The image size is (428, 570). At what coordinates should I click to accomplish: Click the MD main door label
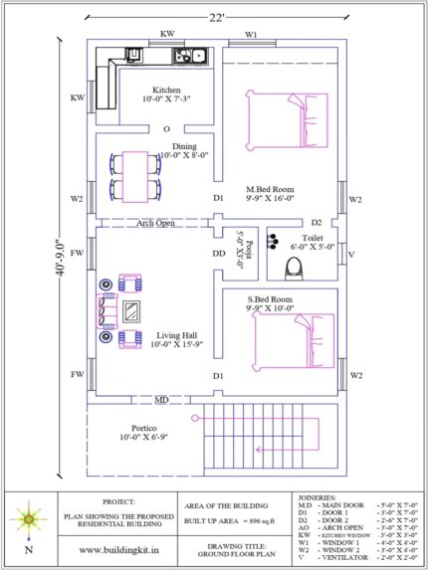(160, 401)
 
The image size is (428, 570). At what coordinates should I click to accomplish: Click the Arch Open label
(155, 223)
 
